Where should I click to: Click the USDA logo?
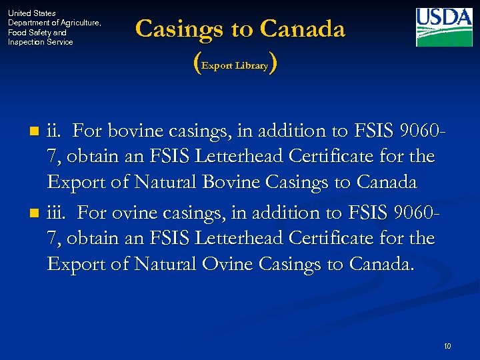(x=444, y=27)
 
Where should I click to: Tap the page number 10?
(x=447, y=345)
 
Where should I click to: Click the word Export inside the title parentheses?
(x=219, y=66)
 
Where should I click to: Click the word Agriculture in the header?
(x=71, y=23)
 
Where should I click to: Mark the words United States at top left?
(x=31, y=13)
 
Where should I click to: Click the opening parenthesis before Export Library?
(x=195, y=64)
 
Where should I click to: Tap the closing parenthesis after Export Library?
(x=274, y=64)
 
